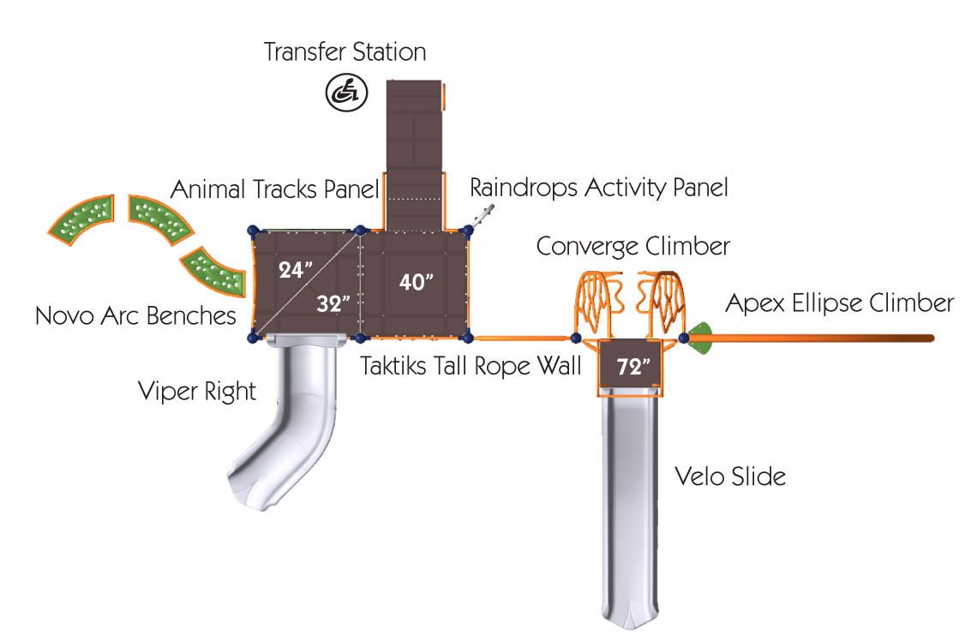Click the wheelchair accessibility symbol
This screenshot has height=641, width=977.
(345, 92)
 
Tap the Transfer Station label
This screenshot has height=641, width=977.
(345, 52)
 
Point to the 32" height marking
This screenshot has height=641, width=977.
(333, 303)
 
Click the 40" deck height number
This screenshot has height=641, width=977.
(417, 282)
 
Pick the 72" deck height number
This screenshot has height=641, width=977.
(634, 368)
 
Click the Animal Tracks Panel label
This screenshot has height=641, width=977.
(274, 189)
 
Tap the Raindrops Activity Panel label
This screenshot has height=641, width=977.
(599, 188)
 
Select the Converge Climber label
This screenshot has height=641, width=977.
(633, 247)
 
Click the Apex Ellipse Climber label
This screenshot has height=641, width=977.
(839, 303)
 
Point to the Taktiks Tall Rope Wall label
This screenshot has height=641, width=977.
(471, 366)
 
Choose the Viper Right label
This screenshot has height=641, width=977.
(197, 392)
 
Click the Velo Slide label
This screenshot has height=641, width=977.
(729, 476)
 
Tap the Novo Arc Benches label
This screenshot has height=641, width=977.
(135, 316)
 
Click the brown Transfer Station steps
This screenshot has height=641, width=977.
(415, 137)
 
